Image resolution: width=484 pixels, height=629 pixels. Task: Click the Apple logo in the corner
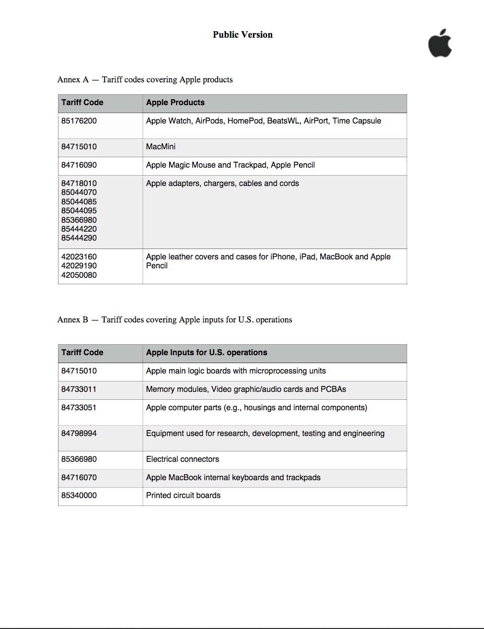(x=440, y=44)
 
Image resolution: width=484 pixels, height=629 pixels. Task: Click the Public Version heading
(x=242, y=35)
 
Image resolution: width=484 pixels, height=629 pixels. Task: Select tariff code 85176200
(x=79, y=121)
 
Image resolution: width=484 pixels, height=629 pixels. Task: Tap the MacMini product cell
(x=161, y=147)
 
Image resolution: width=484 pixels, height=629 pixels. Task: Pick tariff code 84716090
(x=79, y=165)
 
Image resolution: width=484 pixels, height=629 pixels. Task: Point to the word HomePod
(x=245, y=121)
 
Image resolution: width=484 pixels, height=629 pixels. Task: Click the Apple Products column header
(x=175, y=103)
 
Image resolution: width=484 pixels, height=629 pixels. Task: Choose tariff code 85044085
(x=79, y=202)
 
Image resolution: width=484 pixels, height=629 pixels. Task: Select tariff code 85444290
(x=79, y=238)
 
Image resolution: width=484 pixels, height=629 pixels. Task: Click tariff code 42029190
(x=79, y=266)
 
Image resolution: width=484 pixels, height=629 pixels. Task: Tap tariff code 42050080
(x=79, y=275)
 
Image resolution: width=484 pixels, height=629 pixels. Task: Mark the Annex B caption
(x=175, y=320)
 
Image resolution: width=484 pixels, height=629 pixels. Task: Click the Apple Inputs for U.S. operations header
(x=206, y=353)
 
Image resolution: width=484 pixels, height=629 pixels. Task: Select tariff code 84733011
(x=79, y=389)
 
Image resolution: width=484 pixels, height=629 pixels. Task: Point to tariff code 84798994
(x=79, y=434)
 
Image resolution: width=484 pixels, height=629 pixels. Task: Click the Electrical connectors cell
(x=182, y=459)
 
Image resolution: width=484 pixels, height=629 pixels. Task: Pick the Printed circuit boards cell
(x=183, y=496)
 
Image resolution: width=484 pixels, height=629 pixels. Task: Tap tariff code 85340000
(x=79, y=496)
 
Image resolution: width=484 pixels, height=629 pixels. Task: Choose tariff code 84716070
(x=79, y=478)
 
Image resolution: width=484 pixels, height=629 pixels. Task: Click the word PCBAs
(x=333, y=389)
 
